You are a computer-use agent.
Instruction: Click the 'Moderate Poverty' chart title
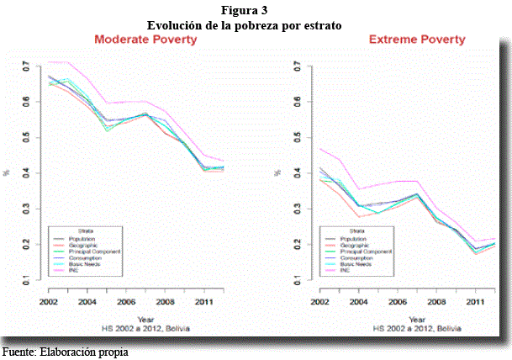click(150, 40)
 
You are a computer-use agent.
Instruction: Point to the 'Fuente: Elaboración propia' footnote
click(65, 351)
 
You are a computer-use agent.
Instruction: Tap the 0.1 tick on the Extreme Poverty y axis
click(301, 279)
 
